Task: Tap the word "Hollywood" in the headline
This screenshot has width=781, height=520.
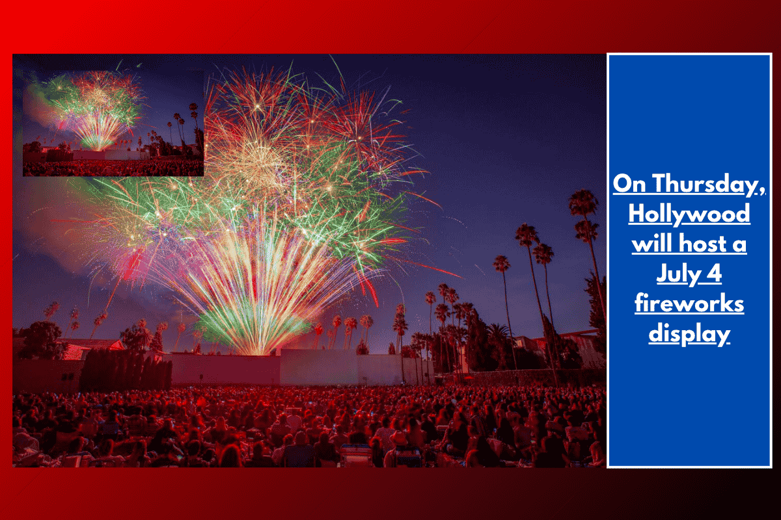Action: coord(689,214)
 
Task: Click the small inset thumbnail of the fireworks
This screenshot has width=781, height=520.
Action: coord(113,123)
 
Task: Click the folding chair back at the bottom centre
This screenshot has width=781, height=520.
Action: coord(357,454)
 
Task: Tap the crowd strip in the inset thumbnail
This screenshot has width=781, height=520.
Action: coord(113,168)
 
